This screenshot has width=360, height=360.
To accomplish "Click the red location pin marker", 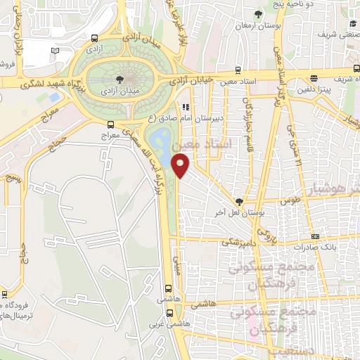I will tap(181, 167).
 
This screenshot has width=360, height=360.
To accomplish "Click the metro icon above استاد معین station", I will tap(238, 71).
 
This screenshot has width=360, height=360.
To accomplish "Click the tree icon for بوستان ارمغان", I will tap(259, 14).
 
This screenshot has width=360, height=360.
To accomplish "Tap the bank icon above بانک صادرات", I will tap(316, 236).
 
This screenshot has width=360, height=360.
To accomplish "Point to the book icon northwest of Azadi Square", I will tap(56, 51).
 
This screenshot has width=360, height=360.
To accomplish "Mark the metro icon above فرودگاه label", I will tap(5, 294).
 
